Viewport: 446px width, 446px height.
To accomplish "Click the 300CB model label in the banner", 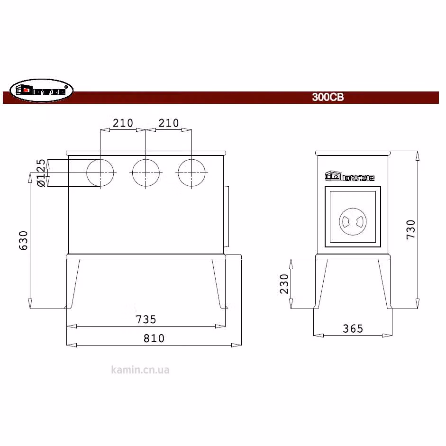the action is (x=328, y=97).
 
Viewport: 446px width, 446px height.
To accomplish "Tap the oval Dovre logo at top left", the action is (x=42, y=91).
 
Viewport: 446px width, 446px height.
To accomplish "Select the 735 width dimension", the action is (x=146, y=319).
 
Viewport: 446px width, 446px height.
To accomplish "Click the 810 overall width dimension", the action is (x=154, y=338).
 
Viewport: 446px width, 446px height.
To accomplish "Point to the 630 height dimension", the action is (x=23, y=240).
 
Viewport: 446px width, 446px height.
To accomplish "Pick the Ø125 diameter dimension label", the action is (x=41, y=173).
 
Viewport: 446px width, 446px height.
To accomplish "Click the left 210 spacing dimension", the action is (x=123, y=123).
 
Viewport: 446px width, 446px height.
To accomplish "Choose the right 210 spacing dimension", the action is (x=169, y=123).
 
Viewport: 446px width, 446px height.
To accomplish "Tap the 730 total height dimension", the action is (x=411, y=229).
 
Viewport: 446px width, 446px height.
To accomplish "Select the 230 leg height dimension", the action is (x=284, y=284).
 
